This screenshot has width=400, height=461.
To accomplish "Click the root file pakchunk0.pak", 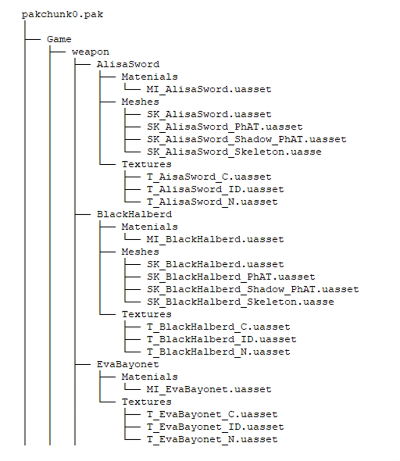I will (62, 14).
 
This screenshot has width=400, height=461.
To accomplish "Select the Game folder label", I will (59, 39).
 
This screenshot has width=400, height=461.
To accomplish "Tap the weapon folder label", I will (90, 52).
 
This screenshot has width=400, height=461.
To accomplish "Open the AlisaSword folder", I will (128, 64).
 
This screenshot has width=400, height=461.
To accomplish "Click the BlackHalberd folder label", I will (134, 214).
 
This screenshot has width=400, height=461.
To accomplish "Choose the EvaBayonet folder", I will (128, 364).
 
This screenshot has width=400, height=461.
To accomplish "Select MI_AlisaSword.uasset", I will (209, 89).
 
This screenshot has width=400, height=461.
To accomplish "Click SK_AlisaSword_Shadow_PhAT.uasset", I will (246, 139).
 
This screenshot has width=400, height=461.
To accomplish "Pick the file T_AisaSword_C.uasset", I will (209, 177).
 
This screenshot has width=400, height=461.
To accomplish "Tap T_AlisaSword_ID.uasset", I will (215, 189).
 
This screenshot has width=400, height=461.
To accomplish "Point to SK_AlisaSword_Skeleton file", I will (234, 152).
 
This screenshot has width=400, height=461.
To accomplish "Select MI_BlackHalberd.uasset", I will (215, 239).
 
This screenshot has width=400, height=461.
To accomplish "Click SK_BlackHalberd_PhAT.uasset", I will (231, 277).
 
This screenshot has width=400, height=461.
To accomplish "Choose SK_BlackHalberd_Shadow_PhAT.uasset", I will (253, 289).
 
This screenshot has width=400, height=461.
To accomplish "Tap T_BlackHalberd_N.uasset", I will (218, 352).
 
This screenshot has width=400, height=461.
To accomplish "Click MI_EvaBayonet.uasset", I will (209, 389).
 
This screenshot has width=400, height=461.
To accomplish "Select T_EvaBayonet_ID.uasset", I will (215, 427).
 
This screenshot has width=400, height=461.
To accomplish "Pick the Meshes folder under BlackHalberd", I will (140, 252).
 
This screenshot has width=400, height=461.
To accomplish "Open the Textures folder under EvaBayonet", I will (146, 402).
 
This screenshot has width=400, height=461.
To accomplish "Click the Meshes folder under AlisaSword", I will (140, 102).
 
